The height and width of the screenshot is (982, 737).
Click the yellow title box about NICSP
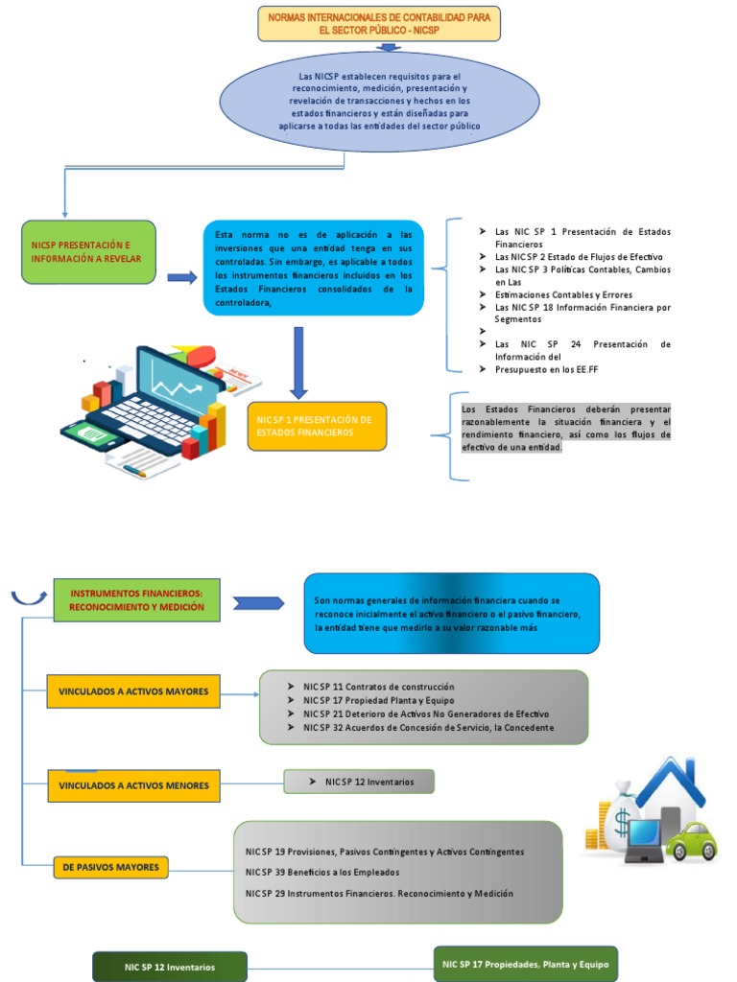[379, 24]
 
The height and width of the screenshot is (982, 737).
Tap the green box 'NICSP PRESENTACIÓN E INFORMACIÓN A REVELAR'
[88, 252]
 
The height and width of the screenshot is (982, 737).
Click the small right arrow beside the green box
[181, 278]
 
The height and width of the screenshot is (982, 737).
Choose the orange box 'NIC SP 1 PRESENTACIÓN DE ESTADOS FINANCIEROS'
[317, 426]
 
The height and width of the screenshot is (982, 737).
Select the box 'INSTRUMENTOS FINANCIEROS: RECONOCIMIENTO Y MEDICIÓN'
[137, 600]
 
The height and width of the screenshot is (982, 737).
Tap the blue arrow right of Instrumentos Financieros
[259, 602]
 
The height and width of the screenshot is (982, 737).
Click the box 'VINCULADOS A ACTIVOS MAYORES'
[133, 691]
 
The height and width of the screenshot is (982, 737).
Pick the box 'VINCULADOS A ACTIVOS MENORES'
[133, 785]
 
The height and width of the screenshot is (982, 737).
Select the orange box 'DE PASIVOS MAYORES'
[110, 868]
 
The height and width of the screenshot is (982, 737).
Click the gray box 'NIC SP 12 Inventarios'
[359, 782]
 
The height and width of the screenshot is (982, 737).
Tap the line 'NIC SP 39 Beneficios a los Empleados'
[322, 872]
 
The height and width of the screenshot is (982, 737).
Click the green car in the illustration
[691, 841]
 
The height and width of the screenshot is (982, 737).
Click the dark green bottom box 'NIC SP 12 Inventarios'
[170, 967]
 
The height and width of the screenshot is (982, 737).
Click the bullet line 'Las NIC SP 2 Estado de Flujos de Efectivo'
[578, 257]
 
